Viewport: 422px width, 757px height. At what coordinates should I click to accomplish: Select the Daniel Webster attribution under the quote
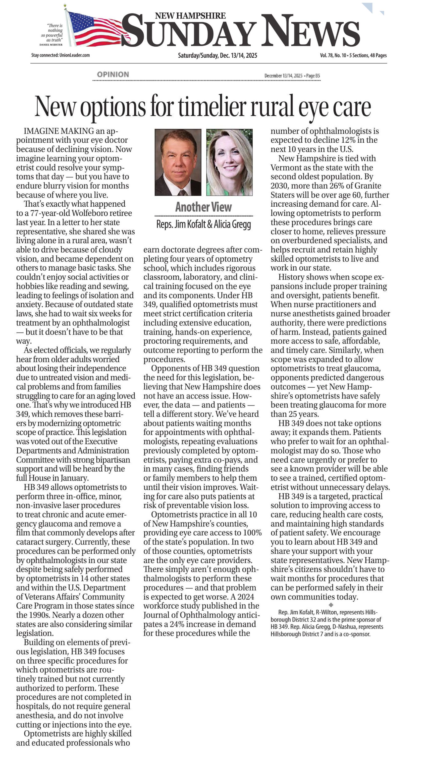[51, 45]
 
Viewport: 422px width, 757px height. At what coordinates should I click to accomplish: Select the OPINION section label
[113, 75]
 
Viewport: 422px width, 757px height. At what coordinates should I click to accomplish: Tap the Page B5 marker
[313, 76]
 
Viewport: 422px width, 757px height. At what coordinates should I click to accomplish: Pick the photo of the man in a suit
[178, 162]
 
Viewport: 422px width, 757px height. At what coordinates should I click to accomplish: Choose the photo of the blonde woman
[229, 162]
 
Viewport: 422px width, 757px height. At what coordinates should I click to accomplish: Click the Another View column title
[203, 207]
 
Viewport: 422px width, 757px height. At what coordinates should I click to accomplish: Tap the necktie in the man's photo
[182, 193]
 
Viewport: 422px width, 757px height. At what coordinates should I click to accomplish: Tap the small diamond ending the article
[331, 605]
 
